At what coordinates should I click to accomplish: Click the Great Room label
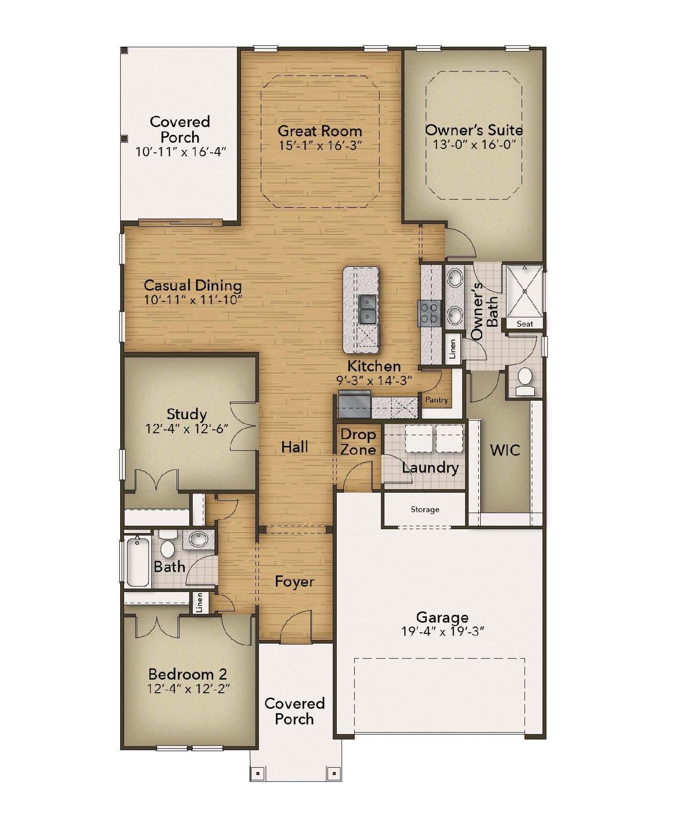pyautogui.click(x=320, y=131)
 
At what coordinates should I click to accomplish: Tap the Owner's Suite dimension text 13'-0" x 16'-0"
pyautogui.click(x=474, y=145)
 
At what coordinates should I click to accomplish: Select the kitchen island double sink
pyautogui.click(x=367, y=309)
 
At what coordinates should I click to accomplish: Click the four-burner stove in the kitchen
pyautogui.click(x=431, y=313)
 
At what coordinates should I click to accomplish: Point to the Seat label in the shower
pyautogui.click(x=524, y=324)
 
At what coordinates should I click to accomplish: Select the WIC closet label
pyautogui.click(x=505, y=450)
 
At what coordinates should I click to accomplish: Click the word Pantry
pyautogui.click(x=436, y=400)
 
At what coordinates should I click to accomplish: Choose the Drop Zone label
pyautogui.click(x=358, y=442)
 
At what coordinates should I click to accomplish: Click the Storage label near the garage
pyautogui.click(x=425, y=510)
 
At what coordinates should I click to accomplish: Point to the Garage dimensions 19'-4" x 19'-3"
pyautogui.click(x=442, y=632)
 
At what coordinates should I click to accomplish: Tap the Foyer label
pyautogui.click(x=294, y=582)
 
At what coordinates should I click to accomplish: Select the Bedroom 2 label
pyautogui.click(x=187, y=674)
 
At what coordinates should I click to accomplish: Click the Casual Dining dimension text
pyautogui.click(x=193, y=300)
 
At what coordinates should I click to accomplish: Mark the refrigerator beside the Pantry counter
pyautogui.click(x=354, y=405)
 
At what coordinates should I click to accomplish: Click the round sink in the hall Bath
pyautogui.click(x=199, y=539)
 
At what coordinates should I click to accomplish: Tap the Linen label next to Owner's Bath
pyautogui.click(x=452, y=349)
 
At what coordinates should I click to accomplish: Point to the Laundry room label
pyautogui.click(x=430, y=468)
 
